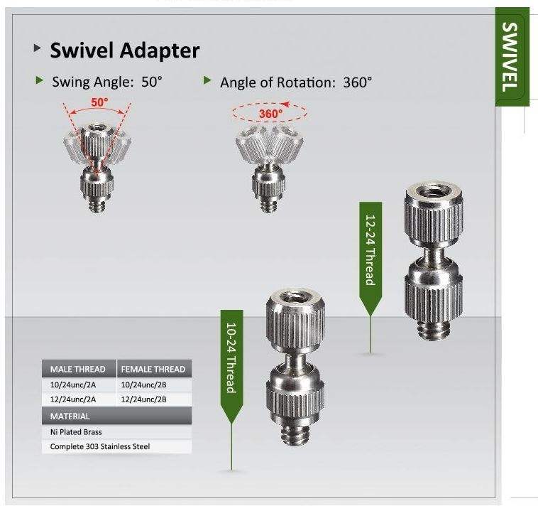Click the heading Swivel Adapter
124,50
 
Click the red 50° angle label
99,102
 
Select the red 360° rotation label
270,113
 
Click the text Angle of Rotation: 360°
295,82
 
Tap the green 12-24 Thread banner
370,249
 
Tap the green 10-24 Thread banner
231,355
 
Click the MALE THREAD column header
78,370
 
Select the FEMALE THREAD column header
153,370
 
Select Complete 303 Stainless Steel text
100,447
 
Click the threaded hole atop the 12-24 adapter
430,191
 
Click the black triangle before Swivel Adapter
37,49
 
